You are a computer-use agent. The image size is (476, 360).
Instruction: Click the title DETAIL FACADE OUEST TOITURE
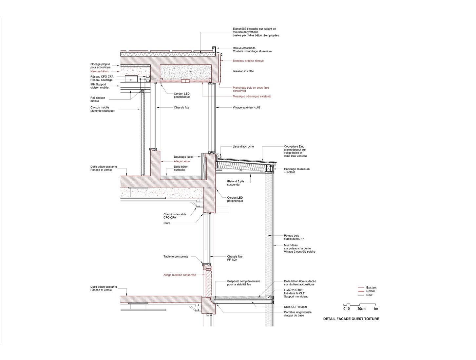tap(351, 319)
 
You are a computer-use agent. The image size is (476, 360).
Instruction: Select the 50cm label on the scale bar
tap(361, 308)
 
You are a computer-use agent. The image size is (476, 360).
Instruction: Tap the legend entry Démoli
tap(371, 291)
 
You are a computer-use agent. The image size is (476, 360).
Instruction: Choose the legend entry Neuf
tap(369, 295)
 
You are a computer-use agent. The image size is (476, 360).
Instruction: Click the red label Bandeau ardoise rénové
tap(248, 61)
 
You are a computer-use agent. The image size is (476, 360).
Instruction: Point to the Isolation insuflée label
tap(243, 71)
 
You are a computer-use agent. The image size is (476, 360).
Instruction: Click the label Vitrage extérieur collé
tap(246, 107)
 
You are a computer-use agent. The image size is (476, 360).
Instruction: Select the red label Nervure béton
tap(99, 71)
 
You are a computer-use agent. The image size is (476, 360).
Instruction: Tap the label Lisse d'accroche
tap(243, 146)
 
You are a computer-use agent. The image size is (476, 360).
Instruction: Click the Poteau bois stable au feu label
tap(294, 237)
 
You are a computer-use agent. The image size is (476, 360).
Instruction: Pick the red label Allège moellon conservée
tap(180, 275)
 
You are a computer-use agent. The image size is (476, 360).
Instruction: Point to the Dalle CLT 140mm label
tap(295, 307)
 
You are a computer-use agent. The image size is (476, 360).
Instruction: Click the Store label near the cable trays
tap(167, 223)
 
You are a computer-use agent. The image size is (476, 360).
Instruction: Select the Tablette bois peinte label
tap(176, 257)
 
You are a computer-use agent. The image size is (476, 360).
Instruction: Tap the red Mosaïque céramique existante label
tap(252, 96)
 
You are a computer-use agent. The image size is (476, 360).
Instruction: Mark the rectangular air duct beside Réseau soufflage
tap(131, 79)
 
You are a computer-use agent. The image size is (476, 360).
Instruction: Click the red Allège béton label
tap(182, 161)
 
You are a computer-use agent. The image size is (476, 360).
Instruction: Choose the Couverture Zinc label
tap(295, 151)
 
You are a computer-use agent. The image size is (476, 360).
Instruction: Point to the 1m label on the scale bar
tap(376, 308)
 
